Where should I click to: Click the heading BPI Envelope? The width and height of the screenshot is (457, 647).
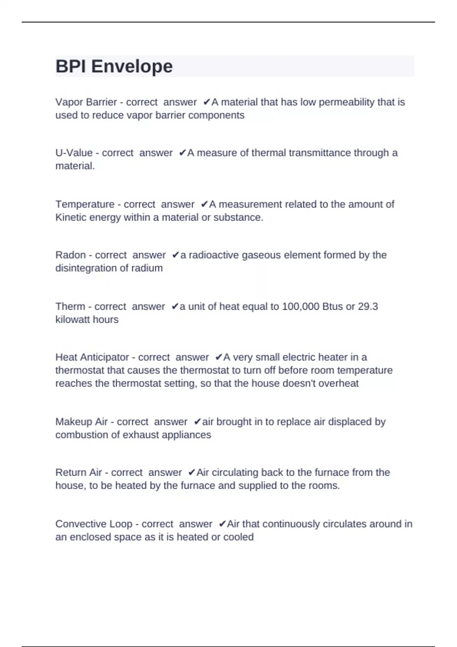[114, 66]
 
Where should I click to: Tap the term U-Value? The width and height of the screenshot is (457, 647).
[74, 153]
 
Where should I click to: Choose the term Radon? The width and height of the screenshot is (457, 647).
[70, 255]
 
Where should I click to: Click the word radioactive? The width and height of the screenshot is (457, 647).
[214, 255]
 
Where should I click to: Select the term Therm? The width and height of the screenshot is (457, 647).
[70, 306]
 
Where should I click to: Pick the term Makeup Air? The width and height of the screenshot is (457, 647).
[81, 422]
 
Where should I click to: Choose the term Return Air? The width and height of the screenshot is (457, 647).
[78, 472]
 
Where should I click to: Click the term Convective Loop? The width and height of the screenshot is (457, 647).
[94, 524]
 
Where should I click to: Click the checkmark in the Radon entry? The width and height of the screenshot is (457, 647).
[175, 255]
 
